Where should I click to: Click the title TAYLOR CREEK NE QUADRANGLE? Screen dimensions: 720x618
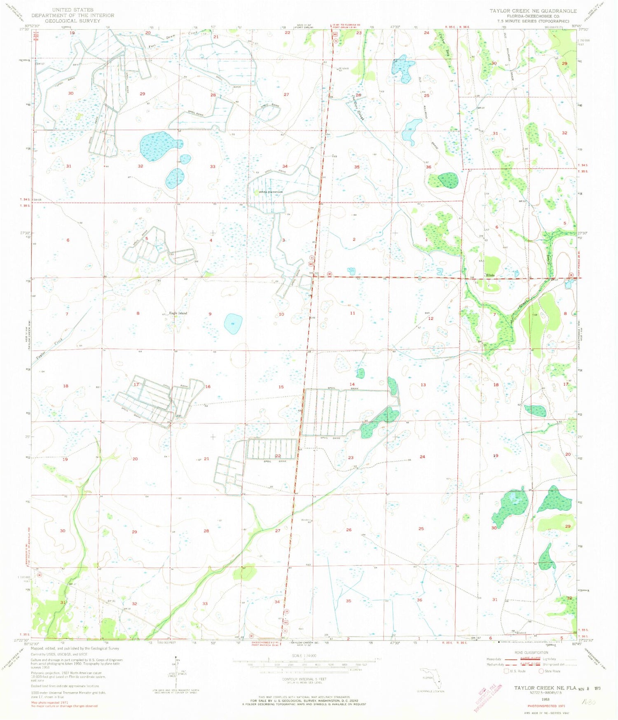pyautogui.click(x=533, y=11)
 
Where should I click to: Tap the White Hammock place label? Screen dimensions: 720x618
pyautogui.click(x=271, y=192)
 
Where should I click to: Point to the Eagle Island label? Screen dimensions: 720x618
pyautogui.click(x=178, y=313)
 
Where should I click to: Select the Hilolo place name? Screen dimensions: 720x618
pyautogui.click(x=490, y=275)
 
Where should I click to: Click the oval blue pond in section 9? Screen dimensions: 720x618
pyautogui.click(x=233, y=323)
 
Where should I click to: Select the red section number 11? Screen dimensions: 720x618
pyautogui.click(x=352, y=313)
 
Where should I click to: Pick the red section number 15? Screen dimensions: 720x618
pyautogui.click(x=281, y=387)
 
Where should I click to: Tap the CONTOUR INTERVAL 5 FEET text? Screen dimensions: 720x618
pyautogui.click(x=304, y=679)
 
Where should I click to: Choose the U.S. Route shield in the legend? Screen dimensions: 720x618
pyautogui.click(x=507, y=671)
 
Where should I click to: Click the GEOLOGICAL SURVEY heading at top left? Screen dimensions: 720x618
pyautogui.click(x=73, y=21)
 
